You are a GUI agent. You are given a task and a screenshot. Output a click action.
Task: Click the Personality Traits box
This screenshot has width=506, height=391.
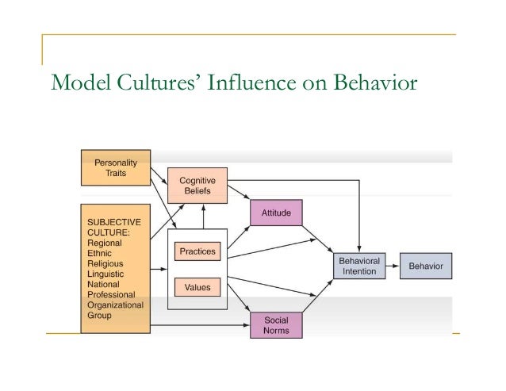(114, 167)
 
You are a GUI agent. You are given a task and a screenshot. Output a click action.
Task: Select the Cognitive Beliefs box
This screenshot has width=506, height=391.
(197, 186)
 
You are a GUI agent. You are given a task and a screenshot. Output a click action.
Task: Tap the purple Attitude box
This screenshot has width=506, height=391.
(275, 213)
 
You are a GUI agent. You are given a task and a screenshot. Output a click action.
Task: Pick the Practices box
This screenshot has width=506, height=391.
(197, 251)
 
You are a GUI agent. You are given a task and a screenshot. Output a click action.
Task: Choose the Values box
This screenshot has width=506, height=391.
(197, 288)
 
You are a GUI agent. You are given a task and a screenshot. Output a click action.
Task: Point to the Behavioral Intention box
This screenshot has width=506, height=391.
(358, 265)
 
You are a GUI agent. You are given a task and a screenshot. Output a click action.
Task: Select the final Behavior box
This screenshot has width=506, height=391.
(425, 265)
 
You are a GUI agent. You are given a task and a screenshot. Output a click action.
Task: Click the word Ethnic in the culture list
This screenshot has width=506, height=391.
(100, 251)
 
